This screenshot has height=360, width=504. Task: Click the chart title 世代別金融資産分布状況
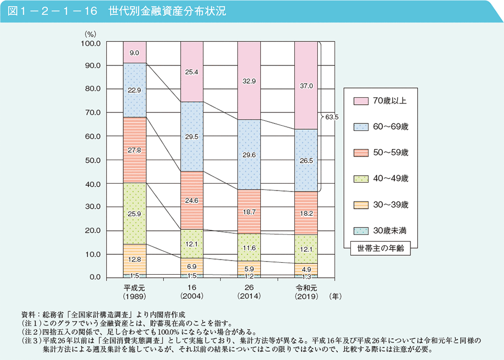(167, 11)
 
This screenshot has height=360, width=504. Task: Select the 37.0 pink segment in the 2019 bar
(306, 85)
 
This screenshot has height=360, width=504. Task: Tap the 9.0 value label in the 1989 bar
(134, 53)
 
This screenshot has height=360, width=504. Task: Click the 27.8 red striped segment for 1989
(134, 150)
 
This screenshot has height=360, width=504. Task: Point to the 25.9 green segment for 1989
(134, 214)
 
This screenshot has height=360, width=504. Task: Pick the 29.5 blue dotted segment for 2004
(191, 137)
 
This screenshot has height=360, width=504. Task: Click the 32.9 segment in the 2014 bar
(249, 81)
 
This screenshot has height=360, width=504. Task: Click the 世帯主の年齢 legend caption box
(381, 249)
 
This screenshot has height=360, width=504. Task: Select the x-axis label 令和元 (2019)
(306, 291)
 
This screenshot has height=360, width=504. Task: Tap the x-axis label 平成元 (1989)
(134, 291)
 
